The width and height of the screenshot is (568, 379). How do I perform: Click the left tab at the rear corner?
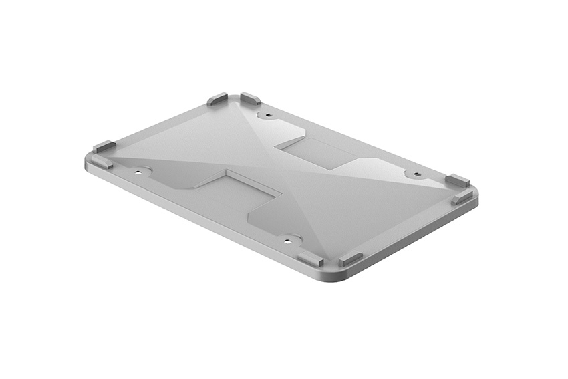point(217,100)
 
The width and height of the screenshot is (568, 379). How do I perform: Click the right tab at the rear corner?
point(251,99)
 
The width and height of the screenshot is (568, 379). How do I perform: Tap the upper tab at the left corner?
point(104,146)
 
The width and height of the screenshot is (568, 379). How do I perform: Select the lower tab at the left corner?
point(102,162)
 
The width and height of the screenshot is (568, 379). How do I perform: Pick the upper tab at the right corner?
point(458,180)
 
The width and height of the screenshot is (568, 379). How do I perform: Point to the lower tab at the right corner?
point(462,198)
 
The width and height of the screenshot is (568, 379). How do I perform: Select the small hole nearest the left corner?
point(139,172)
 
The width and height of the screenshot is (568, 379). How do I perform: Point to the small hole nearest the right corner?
point(416,175)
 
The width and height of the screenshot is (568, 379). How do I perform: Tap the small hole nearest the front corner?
point(289,240)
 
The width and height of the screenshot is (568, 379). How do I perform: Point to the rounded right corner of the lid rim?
point(476,195)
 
